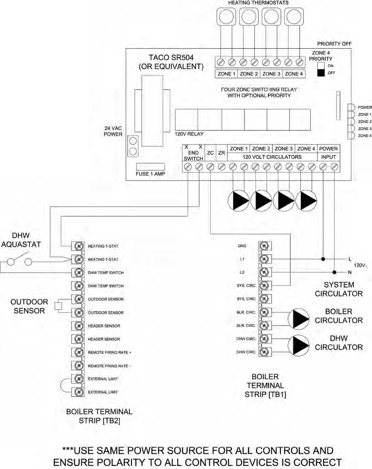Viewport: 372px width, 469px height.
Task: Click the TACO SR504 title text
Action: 171,58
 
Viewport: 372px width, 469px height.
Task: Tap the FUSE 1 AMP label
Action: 150,174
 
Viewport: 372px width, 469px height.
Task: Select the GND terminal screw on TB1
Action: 265,246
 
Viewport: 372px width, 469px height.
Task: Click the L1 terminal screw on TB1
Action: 265,259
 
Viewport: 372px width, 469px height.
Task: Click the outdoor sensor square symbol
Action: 58,306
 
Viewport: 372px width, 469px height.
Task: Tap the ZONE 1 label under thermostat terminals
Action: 226,74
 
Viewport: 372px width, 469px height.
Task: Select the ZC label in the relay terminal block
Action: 210,153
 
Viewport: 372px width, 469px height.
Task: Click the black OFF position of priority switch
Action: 321,73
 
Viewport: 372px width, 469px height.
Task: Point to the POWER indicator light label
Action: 365,107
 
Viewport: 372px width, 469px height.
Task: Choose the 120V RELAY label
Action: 189,134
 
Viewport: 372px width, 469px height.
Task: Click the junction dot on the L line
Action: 323,259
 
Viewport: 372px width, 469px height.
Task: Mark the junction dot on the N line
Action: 334,272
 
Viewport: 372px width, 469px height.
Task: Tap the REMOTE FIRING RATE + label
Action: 109,352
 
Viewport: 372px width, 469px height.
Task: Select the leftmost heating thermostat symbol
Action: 226,16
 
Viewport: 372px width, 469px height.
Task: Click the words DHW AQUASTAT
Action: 21,240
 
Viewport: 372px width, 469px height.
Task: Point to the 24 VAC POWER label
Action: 113,131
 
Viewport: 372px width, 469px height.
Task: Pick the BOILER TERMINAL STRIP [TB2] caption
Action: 99,416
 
